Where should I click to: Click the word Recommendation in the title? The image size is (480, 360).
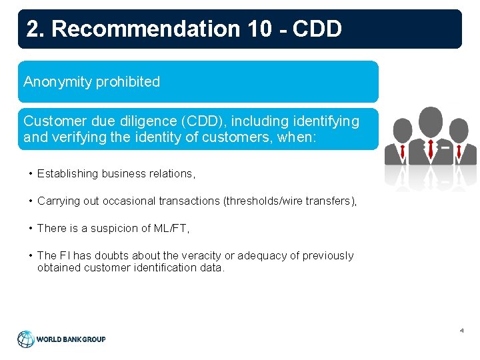coord(145,29)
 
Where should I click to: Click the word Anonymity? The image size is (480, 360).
coord(58,82)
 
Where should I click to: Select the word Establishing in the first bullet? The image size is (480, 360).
coord(69,173)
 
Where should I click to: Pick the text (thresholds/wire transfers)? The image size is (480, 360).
coord(294,201)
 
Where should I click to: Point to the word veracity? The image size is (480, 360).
coord(196,255)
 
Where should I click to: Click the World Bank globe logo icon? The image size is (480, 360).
coord(25,339)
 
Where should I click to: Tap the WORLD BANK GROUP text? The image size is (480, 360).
coord(71,339)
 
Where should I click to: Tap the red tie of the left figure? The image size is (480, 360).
coord(405,150)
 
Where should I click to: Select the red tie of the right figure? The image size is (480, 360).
coord(458,151)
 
